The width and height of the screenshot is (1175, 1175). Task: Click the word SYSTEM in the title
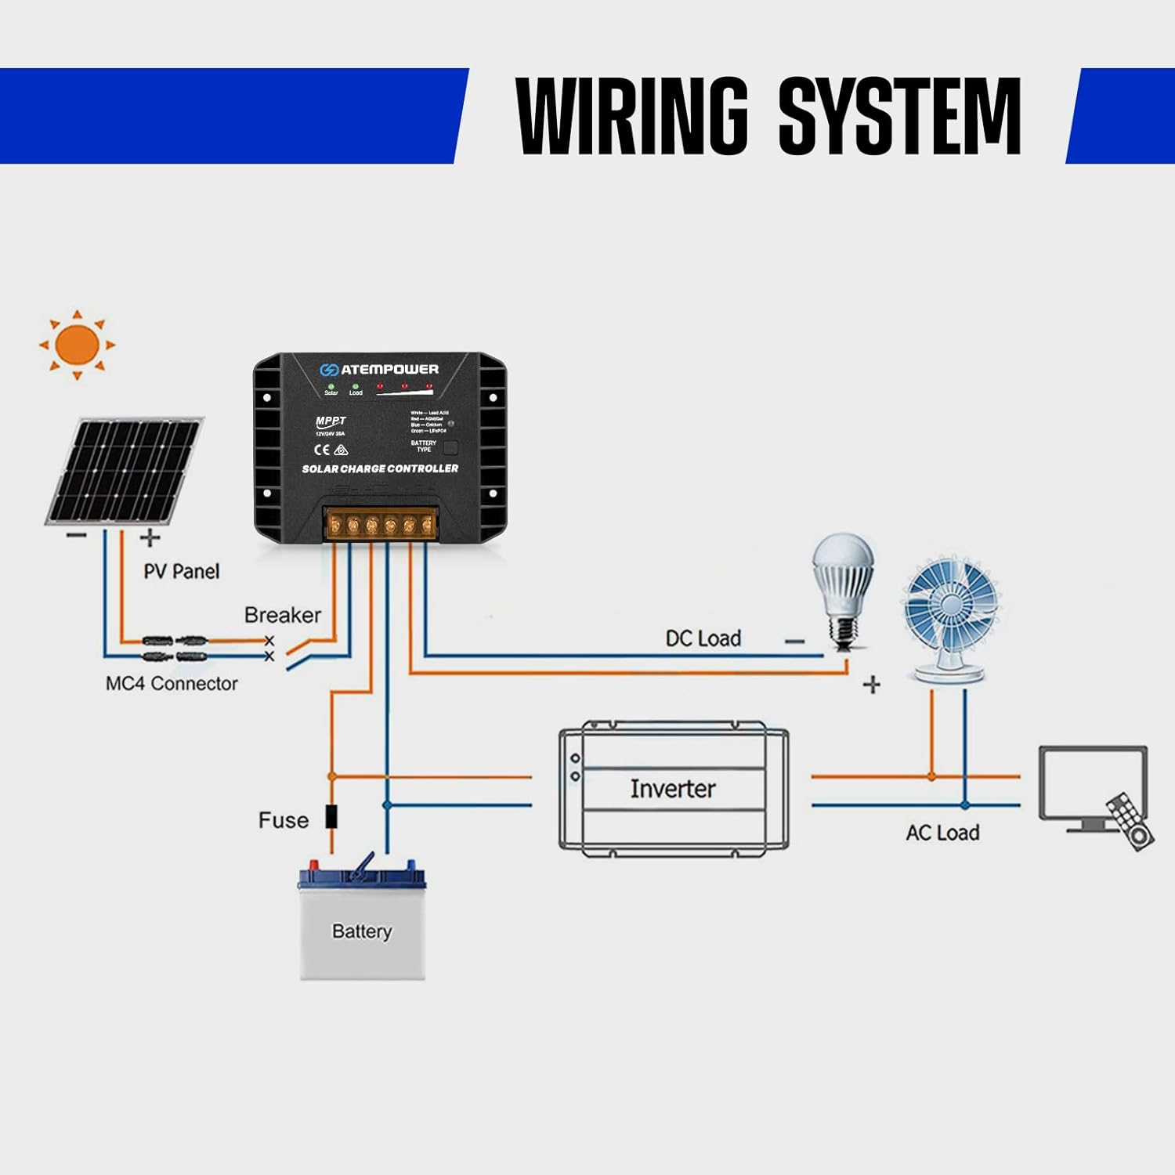[899, 116]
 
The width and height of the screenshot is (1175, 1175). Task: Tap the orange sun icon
[77, 345]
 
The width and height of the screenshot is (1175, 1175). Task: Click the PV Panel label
[181, 571]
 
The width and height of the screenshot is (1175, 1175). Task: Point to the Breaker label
[282, 615]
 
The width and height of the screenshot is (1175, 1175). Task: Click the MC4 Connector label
[172, 684]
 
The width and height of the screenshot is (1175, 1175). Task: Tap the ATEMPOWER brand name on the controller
[389, 369]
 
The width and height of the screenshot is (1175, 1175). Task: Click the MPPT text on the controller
[331, 421]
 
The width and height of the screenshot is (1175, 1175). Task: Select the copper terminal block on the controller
[381, 524]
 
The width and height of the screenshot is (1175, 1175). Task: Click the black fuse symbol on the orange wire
[331, 816]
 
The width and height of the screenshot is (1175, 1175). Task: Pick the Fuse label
[283, 820]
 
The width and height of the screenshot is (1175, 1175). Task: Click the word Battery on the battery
[361, 931]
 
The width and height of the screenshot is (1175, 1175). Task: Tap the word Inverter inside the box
[672, 788]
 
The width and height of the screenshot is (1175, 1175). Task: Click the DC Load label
[703, 638]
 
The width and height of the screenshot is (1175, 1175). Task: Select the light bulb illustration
[843, 587]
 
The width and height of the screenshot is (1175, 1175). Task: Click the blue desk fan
[950, 619]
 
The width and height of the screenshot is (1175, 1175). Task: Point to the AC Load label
[942, 833]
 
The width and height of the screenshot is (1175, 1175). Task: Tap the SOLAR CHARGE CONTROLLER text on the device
[380, 468]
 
